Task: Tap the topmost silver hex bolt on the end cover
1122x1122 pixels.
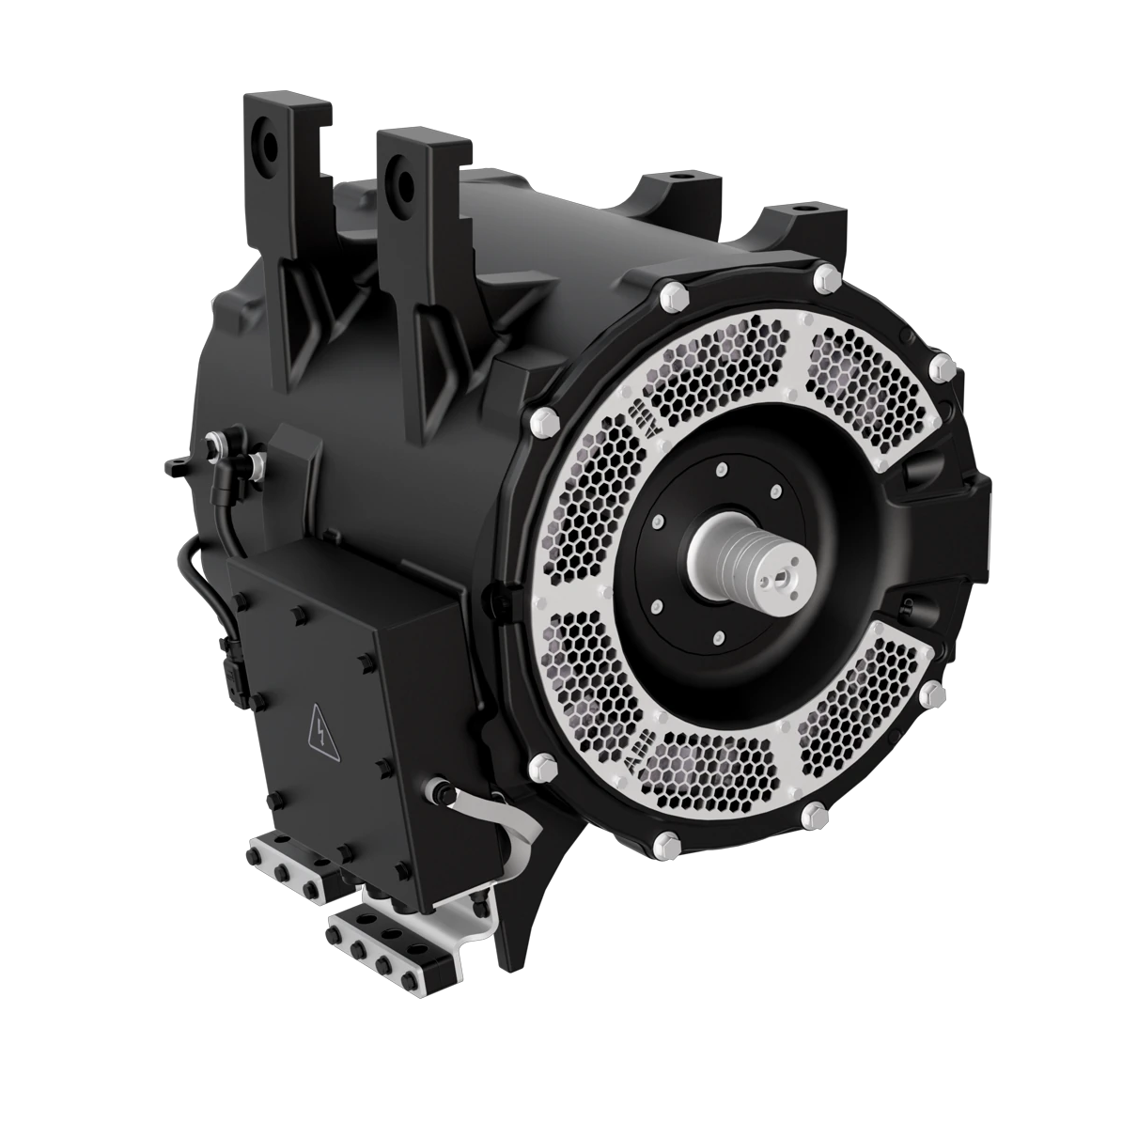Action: point(826,275)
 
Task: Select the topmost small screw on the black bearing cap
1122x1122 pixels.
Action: point(721,471)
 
